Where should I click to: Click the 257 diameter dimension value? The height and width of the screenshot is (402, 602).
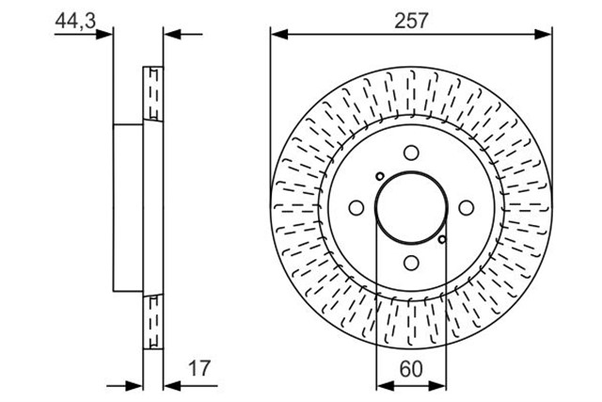pyautogui.click(x=411, y=21)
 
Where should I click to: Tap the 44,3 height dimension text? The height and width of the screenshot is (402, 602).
pyautogui.click(x=75, y=21)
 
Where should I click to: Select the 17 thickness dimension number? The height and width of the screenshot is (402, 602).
pyautogui.click(x=199, y=368)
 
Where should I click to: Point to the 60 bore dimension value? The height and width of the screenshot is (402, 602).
pyautogui.click(x=411, y=368)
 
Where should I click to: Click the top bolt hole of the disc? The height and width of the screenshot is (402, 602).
pyautogui.click(x=411, y=153)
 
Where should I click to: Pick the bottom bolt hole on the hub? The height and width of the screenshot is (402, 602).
pyautogui.click(x=411, y=264)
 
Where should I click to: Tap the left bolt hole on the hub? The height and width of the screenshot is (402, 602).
pyautogui.click(x=356, y=208)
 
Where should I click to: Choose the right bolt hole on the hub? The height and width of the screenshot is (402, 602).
pyautogui.click(x=467, y=208)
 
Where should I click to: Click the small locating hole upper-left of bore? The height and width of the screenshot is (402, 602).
pyautogui.click(x=380, y=176)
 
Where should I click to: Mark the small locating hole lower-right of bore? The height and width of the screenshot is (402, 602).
pyautogui.click(x=442, y=239)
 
